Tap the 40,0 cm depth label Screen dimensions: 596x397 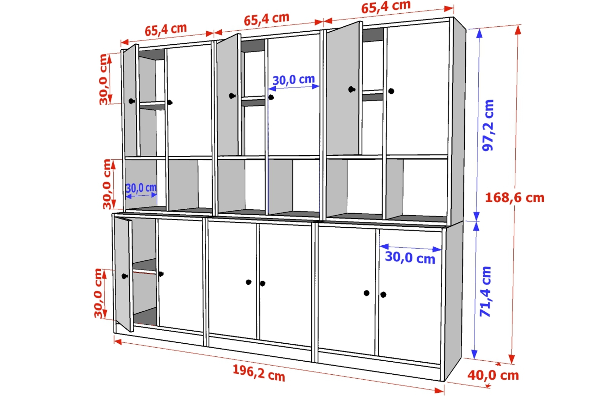(x=493, y=375)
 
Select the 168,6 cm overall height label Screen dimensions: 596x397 (x=515, y=198)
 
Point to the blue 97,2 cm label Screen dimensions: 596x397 (x=488, y=125)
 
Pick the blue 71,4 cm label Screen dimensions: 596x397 (x=486, y=292)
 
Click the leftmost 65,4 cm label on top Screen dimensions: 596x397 (x=166, y=30)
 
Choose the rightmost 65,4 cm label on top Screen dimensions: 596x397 (x=386, y=7)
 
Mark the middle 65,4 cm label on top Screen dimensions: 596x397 (x=267, y=19)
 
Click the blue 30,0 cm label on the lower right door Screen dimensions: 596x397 (x=410, y=258)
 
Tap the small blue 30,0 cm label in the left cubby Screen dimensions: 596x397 (x=141, y=188)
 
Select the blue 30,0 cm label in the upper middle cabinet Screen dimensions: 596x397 (x=294, y=80)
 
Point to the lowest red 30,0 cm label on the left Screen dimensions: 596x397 (x=99, y=293)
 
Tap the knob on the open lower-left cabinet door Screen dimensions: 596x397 (x=124, y=276)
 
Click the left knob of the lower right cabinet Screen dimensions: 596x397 (x=367, y=293)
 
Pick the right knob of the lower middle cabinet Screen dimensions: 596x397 (x=263, y=283)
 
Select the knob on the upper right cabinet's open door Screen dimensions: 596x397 (x=351, y=89)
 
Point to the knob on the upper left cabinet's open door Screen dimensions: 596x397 (x=131, y=101)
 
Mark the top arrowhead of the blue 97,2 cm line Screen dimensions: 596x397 (x=480, y=33)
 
